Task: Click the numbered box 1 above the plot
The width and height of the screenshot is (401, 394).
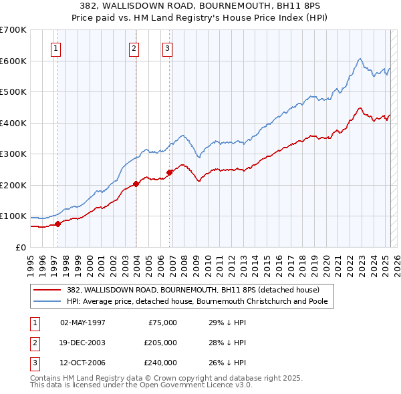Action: (55, 47)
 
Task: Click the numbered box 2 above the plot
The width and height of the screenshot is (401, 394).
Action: (134, 47)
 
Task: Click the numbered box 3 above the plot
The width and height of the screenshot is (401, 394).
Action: (167, 47)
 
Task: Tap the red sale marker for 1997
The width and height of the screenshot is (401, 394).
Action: (57, 224)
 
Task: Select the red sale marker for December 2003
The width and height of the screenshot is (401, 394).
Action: (136, 184)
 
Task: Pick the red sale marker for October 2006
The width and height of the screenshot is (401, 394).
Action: (169, 172)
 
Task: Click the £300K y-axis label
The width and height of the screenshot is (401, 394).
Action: (14, 154)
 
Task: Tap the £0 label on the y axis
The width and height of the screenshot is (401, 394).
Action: (21, 247)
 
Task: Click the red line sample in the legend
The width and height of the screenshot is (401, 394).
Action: (47, 289)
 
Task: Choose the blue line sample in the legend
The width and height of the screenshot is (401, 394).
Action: (47, 301)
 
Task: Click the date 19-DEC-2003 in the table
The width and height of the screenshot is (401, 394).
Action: (83, 343)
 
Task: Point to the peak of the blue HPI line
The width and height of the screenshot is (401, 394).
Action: (360, 59)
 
